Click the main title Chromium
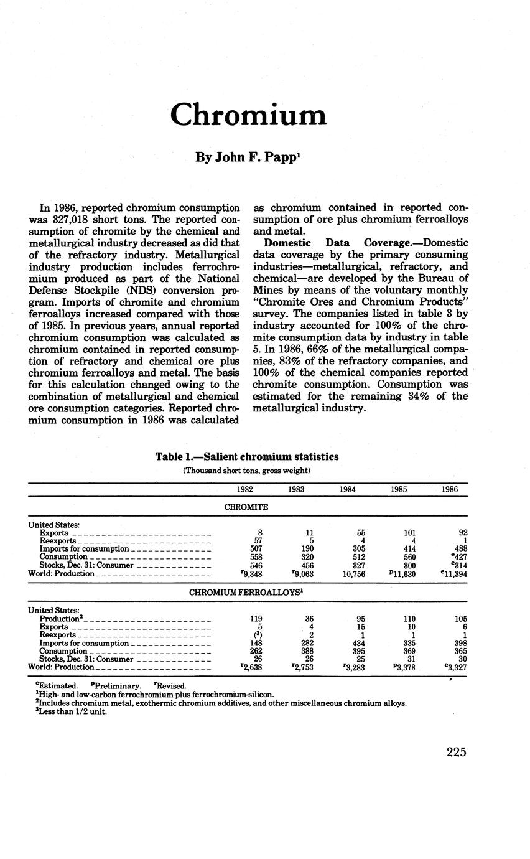248,115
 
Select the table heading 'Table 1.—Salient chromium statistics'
247,457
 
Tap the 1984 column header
348,489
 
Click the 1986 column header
449,489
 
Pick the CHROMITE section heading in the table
246,507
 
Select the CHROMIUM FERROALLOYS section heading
246,593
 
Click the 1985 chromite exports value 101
399,533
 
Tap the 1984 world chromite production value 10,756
347,574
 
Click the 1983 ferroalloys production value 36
300,619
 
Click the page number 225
456,752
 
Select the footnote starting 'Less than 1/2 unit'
72,711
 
